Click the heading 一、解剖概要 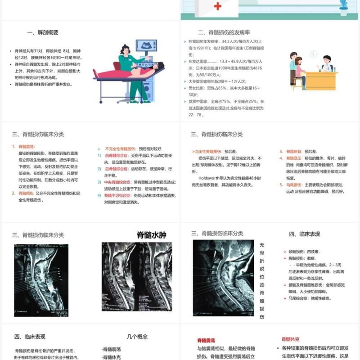(43, 32)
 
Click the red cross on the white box (218, 6)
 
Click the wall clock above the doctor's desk (313, 54)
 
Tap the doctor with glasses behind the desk (326, 64)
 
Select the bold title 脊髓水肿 (152, 234)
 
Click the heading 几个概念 (137, 337)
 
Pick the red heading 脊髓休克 (290, 339)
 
